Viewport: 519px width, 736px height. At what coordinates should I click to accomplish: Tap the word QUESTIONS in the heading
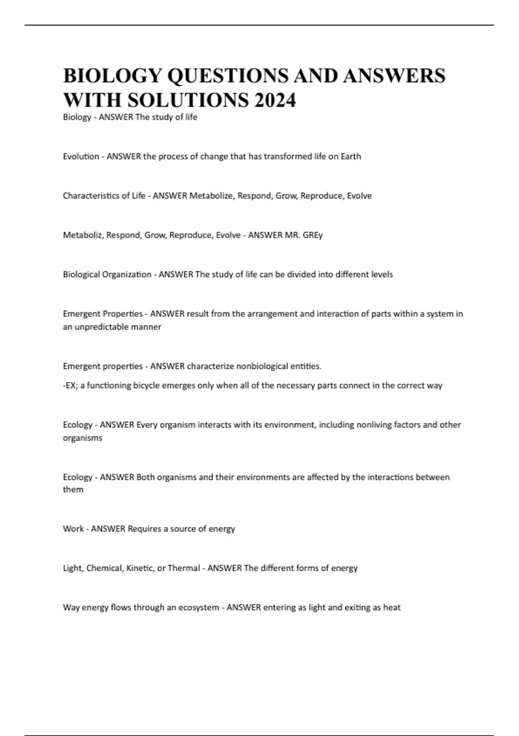[x=227, y=76]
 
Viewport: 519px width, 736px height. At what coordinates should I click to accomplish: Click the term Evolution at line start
[x=81, y=156]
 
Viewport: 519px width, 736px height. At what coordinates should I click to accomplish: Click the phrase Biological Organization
[x=107, y=274]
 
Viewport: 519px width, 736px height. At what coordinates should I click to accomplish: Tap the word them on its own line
[x=73, y=490]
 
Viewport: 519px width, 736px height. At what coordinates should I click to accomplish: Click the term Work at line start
[x=73, y=529]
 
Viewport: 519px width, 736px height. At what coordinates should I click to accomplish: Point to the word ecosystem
[x=199, y=607]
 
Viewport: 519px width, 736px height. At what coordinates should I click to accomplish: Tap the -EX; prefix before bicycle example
[x=71, y=385]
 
